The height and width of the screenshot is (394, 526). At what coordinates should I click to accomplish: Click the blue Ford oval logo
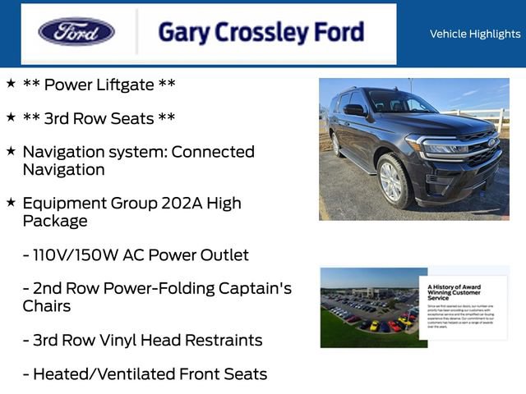[x=76, y=32]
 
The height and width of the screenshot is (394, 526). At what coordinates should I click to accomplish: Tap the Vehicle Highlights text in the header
[x=474, y=34]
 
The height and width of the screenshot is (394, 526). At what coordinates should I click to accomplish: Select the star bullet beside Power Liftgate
[x=11, y=83]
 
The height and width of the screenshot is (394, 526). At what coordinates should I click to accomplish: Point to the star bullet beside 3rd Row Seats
[x=11, y=117]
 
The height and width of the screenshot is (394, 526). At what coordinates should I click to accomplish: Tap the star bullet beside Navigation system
[x=11, y=150]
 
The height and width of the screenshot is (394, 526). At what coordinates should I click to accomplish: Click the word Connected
[x=213, y=152]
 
